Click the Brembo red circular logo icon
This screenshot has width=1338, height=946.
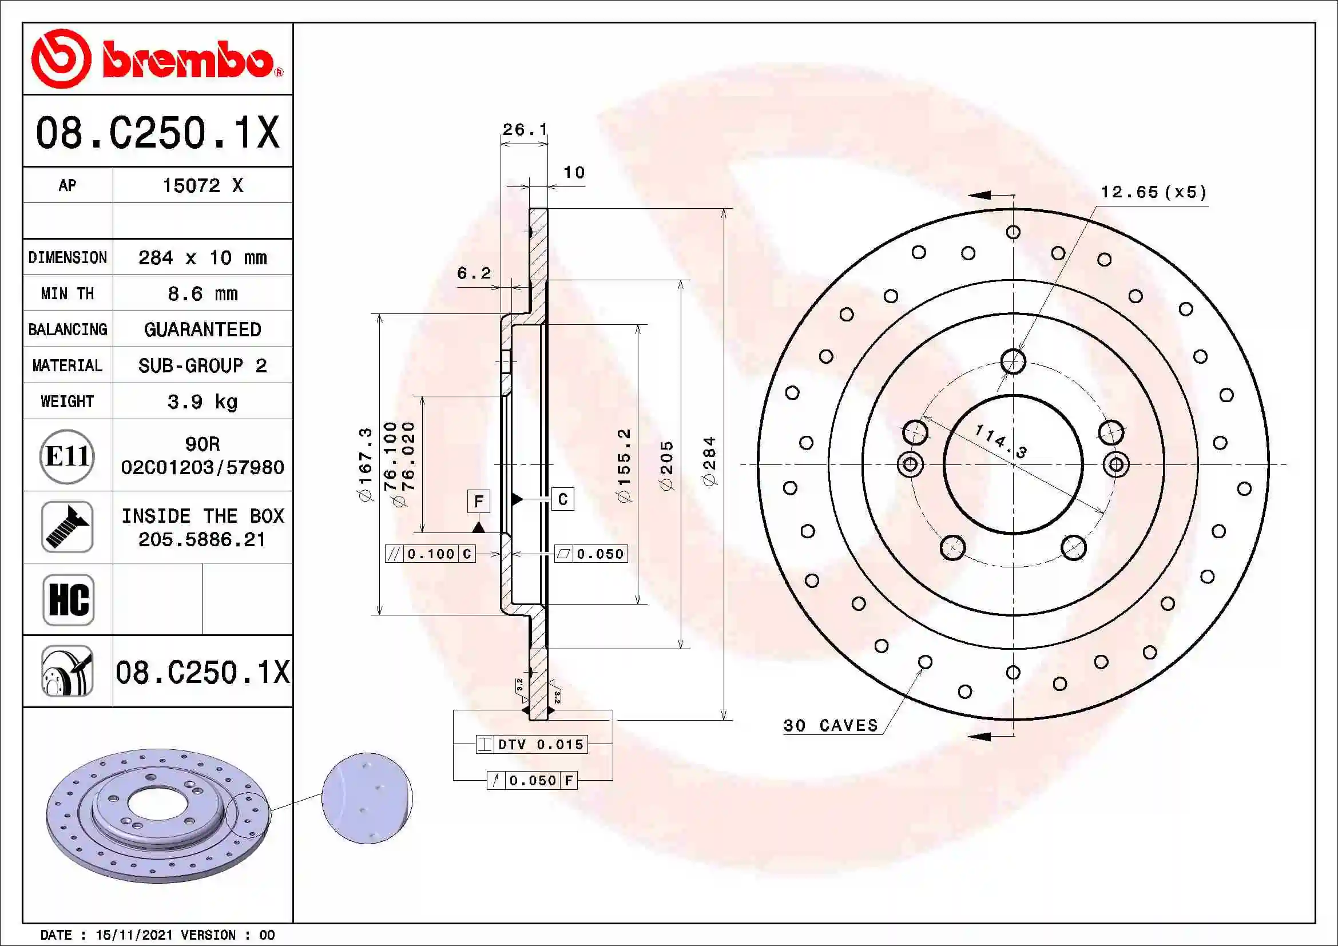[x=61, y=59]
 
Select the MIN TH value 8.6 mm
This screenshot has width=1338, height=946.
[x=202, y=293]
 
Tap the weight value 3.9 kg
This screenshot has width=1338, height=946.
[x=202, y=402]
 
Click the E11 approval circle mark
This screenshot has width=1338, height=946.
[x=67, y=456]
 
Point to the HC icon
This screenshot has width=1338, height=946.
[x=68, y=599]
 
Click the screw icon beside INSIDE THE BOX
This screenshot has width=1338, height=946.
[x=67, y=527]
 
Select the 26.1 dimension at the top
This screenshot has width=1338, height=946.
[x=525, y=129]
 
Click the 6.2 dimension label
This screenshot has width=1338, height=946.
[x=473, y=273]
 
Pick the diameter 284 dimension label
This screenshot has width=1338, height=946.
[x=709, y=462]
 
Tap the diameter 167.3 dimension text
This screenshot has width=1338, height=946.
[x=365, y=464]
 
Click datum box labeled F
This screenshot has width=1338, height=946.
[x=478, y=501]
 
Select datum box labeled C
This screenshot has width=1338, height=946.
[x=562, y=499]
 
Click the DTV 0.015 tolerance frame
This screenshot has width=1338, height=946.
[x=531, y=745]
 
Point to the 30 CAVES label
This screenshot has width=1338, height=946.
[x=831, y=725]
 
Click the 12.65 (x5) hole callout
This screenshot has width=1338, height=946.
[x=1153, y=192]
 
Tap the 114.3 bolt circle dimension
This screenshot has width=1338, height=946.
[x=1000, y=441]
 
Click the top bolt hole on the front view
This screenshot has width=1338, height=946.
[x=1013, y=361]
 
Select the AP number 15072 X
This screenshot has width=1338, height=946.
[x=202, y=185]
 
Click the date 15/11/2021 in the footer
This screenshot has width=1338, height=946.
[x=134, y=935]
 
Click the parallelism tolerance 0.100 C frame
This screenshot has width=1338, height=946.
[x=430, y=554]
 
